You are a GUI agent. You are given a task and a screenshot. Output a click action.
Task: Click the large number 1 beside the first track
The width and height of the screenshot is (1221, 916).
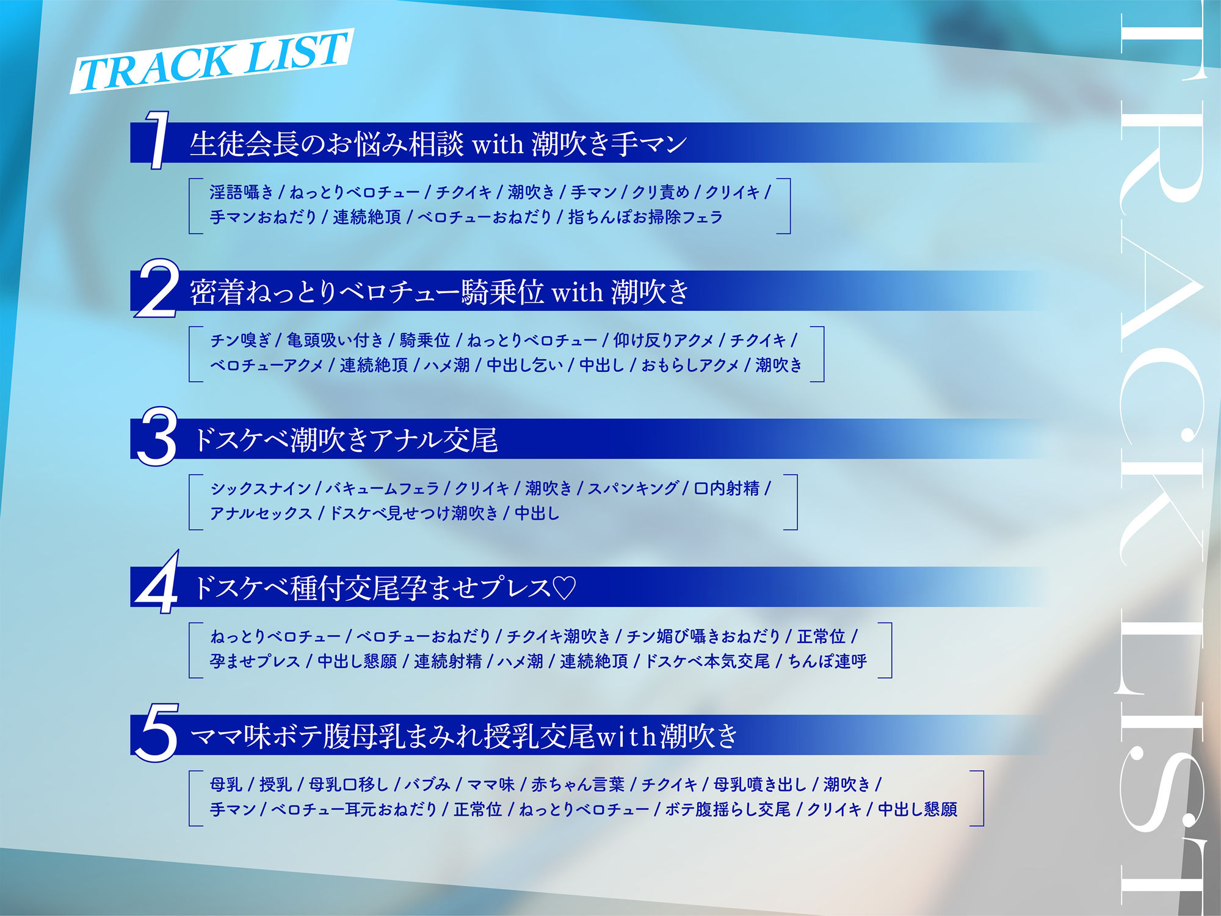pos(158,140)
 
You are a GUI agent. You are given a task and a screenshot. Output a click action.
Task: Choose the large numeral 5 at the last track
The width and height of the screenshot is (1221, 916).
pos(157,733)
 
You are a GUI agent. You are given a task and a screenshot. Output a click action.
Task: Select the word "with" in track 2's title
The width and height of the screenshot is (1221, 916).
pos(577,293)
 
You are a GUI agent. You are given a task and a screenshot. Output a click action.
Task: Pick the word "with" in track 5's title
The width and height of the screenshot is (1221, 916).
pos(626,736)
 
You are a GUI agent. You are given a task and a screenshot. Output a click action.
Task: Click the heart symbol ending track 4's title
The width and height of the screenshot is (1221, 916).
pos(563,588)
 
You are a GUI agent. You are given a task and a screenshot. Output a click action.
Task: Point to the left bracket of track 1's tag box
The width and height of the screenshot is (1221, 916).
pos(194,206)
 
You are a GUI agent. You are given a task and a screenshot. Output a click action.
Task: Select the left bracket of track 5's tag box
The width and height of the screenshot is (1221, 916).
pos(194,798)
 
